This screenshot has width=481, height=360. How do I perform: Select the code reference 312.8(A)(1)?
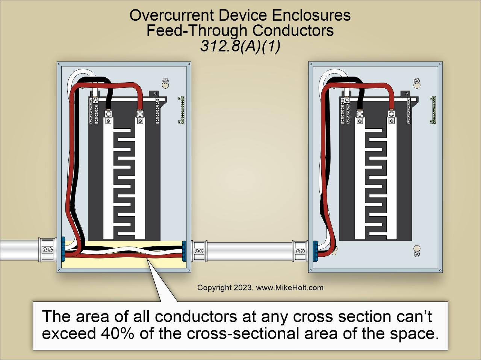coord(240,46)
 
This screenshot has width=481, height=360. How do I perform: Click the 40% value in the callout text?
coord(117,333)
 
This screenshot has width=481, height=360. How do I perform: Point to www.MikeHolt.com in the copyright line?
coord(289,288)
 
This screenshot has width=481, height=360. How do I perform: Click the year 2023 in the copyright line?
coord(243,288)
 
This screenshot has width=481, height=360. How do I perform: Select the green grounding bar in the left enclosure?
coord(182,110)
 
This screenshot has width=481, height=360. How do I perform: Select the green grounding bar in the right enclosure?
coord(433,110)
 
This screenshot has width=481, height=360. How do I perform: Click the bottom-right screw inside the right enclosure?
coord(416,254)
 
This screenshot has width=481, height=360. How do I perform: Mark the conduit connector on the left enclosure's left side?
coord(47,249)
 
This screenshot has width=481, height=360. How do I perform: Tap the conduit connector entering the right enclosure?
coord(300,251)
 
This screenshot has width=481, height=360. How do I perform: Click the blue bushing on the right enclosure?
coord(315,251)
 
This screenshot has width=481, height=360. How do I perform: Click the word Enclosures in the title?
coord(311,15)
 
